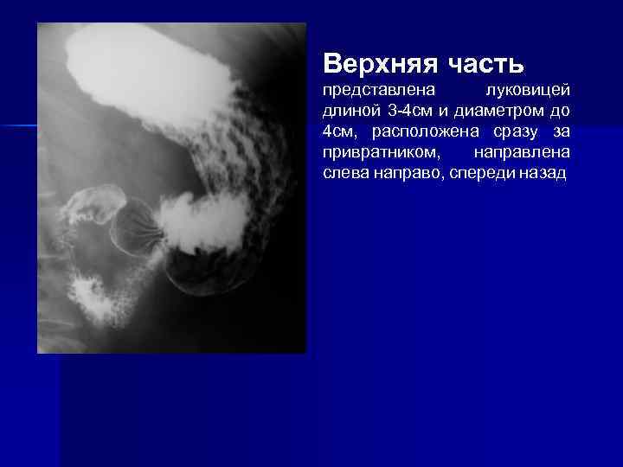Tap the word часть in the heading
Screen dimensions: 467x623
pos(485,63)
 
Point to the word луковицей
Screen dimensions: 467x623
pos(527,91)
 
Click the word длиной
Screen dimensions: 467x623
pos(350,112)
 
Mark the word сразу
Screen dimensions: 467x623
pos(511,132)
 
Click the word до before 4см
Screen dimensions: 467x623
pos(559,112)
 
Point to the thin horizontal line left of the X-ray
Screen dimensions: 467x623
pos(18,126)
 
